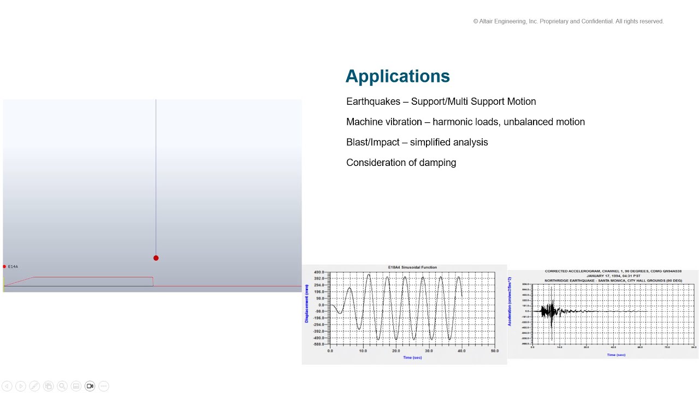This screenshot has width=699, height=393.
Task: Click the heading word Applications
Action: tap(397, 76)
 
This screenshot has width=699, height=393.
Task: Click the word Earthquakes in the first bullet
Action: tap(373, 102)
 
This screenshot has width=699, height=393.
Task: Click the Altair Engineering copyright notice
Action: tap(568, 21)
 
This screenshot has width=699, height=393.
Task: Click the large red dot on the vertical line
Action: tap(156, 258)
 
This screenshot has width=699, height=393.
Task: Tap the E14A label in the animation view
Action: tap(13, 266)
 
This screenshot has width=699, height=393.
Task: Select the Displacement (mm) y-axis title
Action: tap(307, 307)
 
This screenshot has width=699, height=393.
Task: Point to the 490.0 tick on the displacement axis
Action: tap(319, 272)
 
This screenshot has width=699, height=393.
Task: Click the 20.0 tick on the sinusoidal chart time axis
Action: tap(396, 350)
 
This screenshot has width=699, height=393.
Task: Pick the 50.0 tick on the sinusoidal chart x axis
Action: tap(494, 350)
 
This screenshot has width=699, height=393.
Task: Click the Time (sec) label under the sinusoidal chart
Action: tap(412, 358)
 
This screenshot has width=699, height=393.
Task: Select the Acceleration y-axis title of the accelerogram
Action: tap(510, 309)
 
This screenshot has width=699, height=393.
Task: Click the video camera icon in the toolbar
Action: tap(90, 386)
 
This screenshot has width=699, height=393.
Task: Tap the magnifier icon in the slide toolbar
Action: tap(62, 386)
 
